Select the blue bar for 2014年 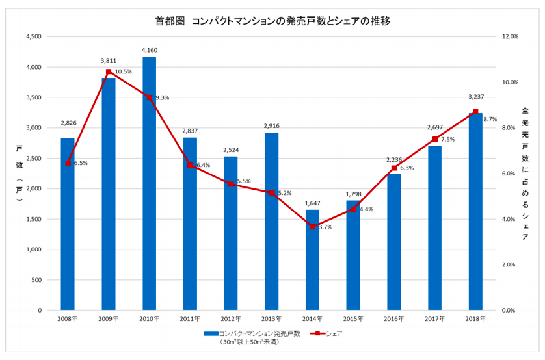(312, 260)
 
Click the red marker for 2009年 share (109, 71)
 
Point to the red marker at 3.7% (312, 227)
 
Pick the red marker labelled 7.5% (434, 139)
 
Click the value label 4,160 (149, 50)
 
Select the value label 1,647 (312, 203)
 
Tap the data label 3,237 (475, 96)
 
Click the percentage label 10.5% (123, 71)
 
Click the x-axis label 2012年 (231, 319)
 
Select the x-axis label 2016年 (394, 319)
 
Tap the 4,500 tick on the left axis (33, 37)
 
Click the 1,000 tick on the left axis (33, 250)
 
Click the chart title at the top (272, 20)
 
